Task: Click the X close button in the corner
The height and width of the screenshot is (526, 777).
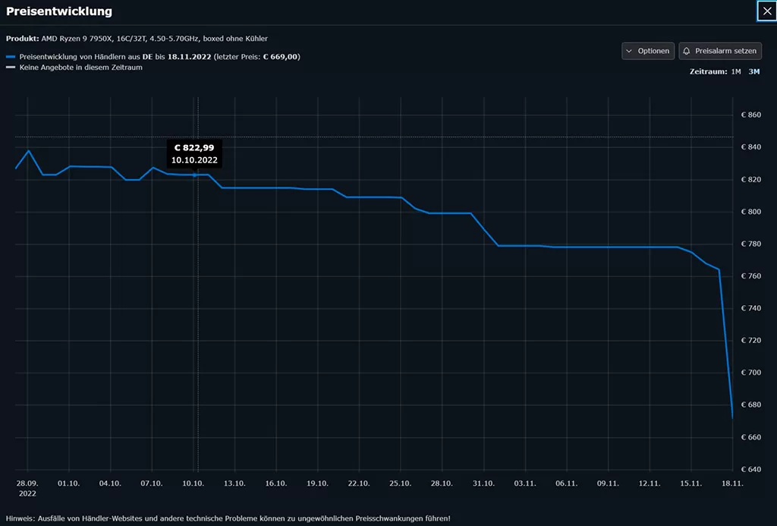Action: pos(766,11)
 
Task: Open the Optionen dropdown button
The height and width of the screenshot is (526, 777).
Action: pos(648,51)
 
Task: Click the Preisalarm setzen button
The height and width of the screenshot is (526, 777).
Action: pos(720,51)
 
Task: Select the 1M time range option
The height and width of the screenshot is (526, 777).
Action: pos(735,71)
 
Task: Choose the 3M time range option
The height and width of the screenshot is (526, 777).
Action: pos(753,71)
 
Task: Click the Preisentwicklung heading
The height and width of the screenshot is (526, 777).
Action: pos(59,11)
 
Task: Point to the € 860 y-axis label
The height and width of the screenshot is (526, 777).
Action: pos(750,115)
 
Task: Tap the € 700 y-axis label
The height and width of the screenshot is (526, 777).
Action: pos(750,373)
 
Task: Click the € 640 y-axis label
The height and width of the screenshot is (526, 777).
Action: pos(750,469)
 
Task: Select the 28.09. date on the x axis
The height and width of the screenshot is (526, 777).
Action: pos(27,483)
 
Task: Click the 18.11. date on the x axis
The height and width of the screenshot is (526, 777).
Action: pos(732,483)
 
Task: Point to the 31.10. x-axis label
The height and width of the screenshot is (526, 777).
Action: pos(483,483)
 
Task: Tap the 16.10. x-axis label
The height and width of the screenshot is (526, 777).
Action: pos(276,483)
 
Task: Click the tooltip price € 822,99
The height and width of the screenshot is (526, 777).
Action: pos(195,147)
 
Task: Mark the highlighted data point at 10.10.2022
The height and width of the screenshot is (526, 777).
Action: pos(195,175)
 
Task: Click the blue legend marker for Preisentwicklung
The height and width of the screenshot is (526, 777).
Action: pos(11,57)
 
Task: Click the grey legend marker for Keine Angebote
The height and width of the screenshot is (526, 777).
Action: pos(11,68)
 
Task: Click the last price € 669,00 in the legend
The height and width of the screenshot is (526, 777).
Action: pos(280,57)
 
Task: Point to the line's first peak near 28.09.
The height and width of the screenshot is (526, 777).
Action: pos(29,150)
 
